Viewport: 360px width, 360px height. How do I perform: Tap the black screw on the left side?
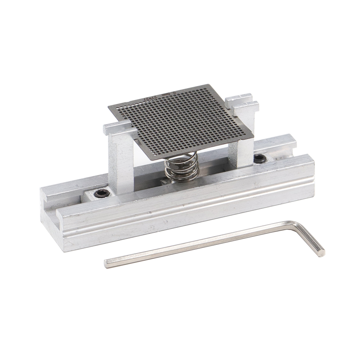[x=102, y=194]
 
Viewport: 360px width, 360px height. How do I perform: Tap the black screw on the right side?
[x=260, y=158]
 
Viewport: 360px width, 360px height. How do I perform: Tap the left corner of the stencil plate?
[x=109, y=106]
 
